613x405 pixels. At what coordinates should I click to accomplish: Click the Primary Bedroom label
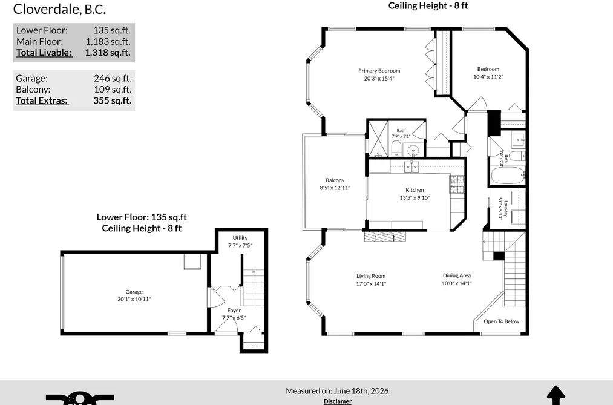pyautogui.click(x=379, y=71)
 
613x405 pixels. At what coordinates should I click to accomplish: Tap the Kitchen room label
pyautogui.click(x=415, y=190)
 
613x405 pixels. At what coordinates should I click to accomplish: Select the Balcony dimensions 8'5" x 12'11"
pyautogui.click(x=335, y=188)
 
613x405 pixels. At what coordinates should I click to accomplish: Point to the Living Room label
pyautogui.click(x=371, y=276)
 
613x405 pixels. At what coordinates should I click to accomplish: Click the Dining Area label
pyautogui.click(x=457, y=275)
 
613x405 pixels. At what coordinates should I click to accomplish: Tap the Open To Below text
pyautogui.click(x=502, y=321)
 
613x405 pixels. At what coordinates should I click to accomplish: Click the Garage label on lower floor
pyautogui.click(x=134, y=292)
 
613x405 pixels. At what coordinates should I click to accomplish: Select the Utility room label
pyautogui.click(x=240, y=238)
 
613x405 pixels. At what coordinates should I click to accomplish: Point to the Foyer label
pyautogui.click(x=234, y=311)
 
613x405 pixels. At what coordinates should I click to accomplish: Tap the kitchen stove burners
pyautogui.click(x=457, y=185)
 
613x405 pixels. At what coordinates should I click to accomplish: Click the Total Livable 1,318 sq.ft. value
pyautogui.click(x=108, y=53)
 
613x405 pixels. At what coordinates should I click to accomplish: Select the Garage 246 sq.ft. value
pyautogui.click(x=113, y=79)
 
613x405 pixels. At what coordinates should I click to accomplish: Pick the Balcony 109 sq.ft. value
pyautogui.click(x=113, y=90)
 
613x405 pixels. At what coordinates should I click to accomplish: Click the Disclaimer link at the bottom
pyautogui.click(x=338, y=401)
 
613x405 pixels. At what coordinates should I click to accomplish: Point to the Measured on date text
pyautogui.click(x=337, y=391)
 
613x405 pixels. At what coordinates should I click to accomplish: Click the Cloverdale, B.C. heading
pyautogui.click(x=59, y=9)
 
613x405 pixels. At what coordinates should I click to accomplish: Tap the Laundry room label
pyautogui.click(x=505, y=209)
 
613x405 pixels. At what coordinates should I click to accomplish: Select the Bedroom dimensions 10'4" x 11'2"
pyautogui.click(x=488, y=77)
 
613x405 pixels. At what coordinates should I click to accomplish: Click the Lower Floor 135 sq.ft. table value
pyautogui.click(x=111, y=30)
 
